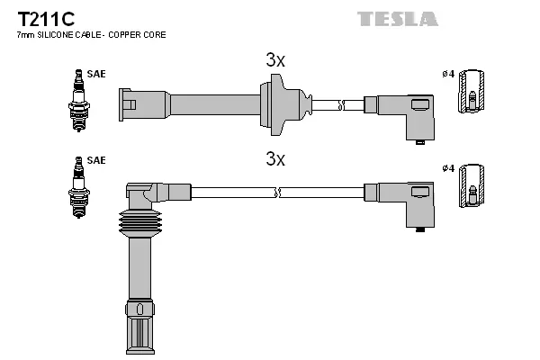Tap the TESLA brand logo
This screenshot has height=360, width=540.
(x=397, y=18)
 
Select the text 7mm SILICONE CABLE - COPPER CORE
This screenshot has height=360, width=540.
(x=91, y=35)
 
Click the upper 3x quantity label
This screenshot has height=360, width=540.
(x=274, y=60)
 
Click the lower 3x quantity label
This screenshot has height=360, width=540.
(x=274, y=159)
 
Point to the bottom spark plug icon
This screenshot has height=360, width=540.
(x=77, y=188)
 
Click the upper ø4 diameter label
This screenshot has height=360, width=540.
(x=447, y=74)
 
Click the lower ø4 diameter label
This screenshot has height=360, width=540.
(x=447, y=168)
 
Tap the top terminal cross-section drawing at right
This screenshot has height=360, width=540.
(x=472, y=94)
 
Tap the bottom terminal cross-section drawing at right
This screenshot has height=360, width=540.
(x=472, y=187)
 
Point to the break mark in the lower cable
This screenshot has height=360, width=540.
(x=279, y=192)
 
